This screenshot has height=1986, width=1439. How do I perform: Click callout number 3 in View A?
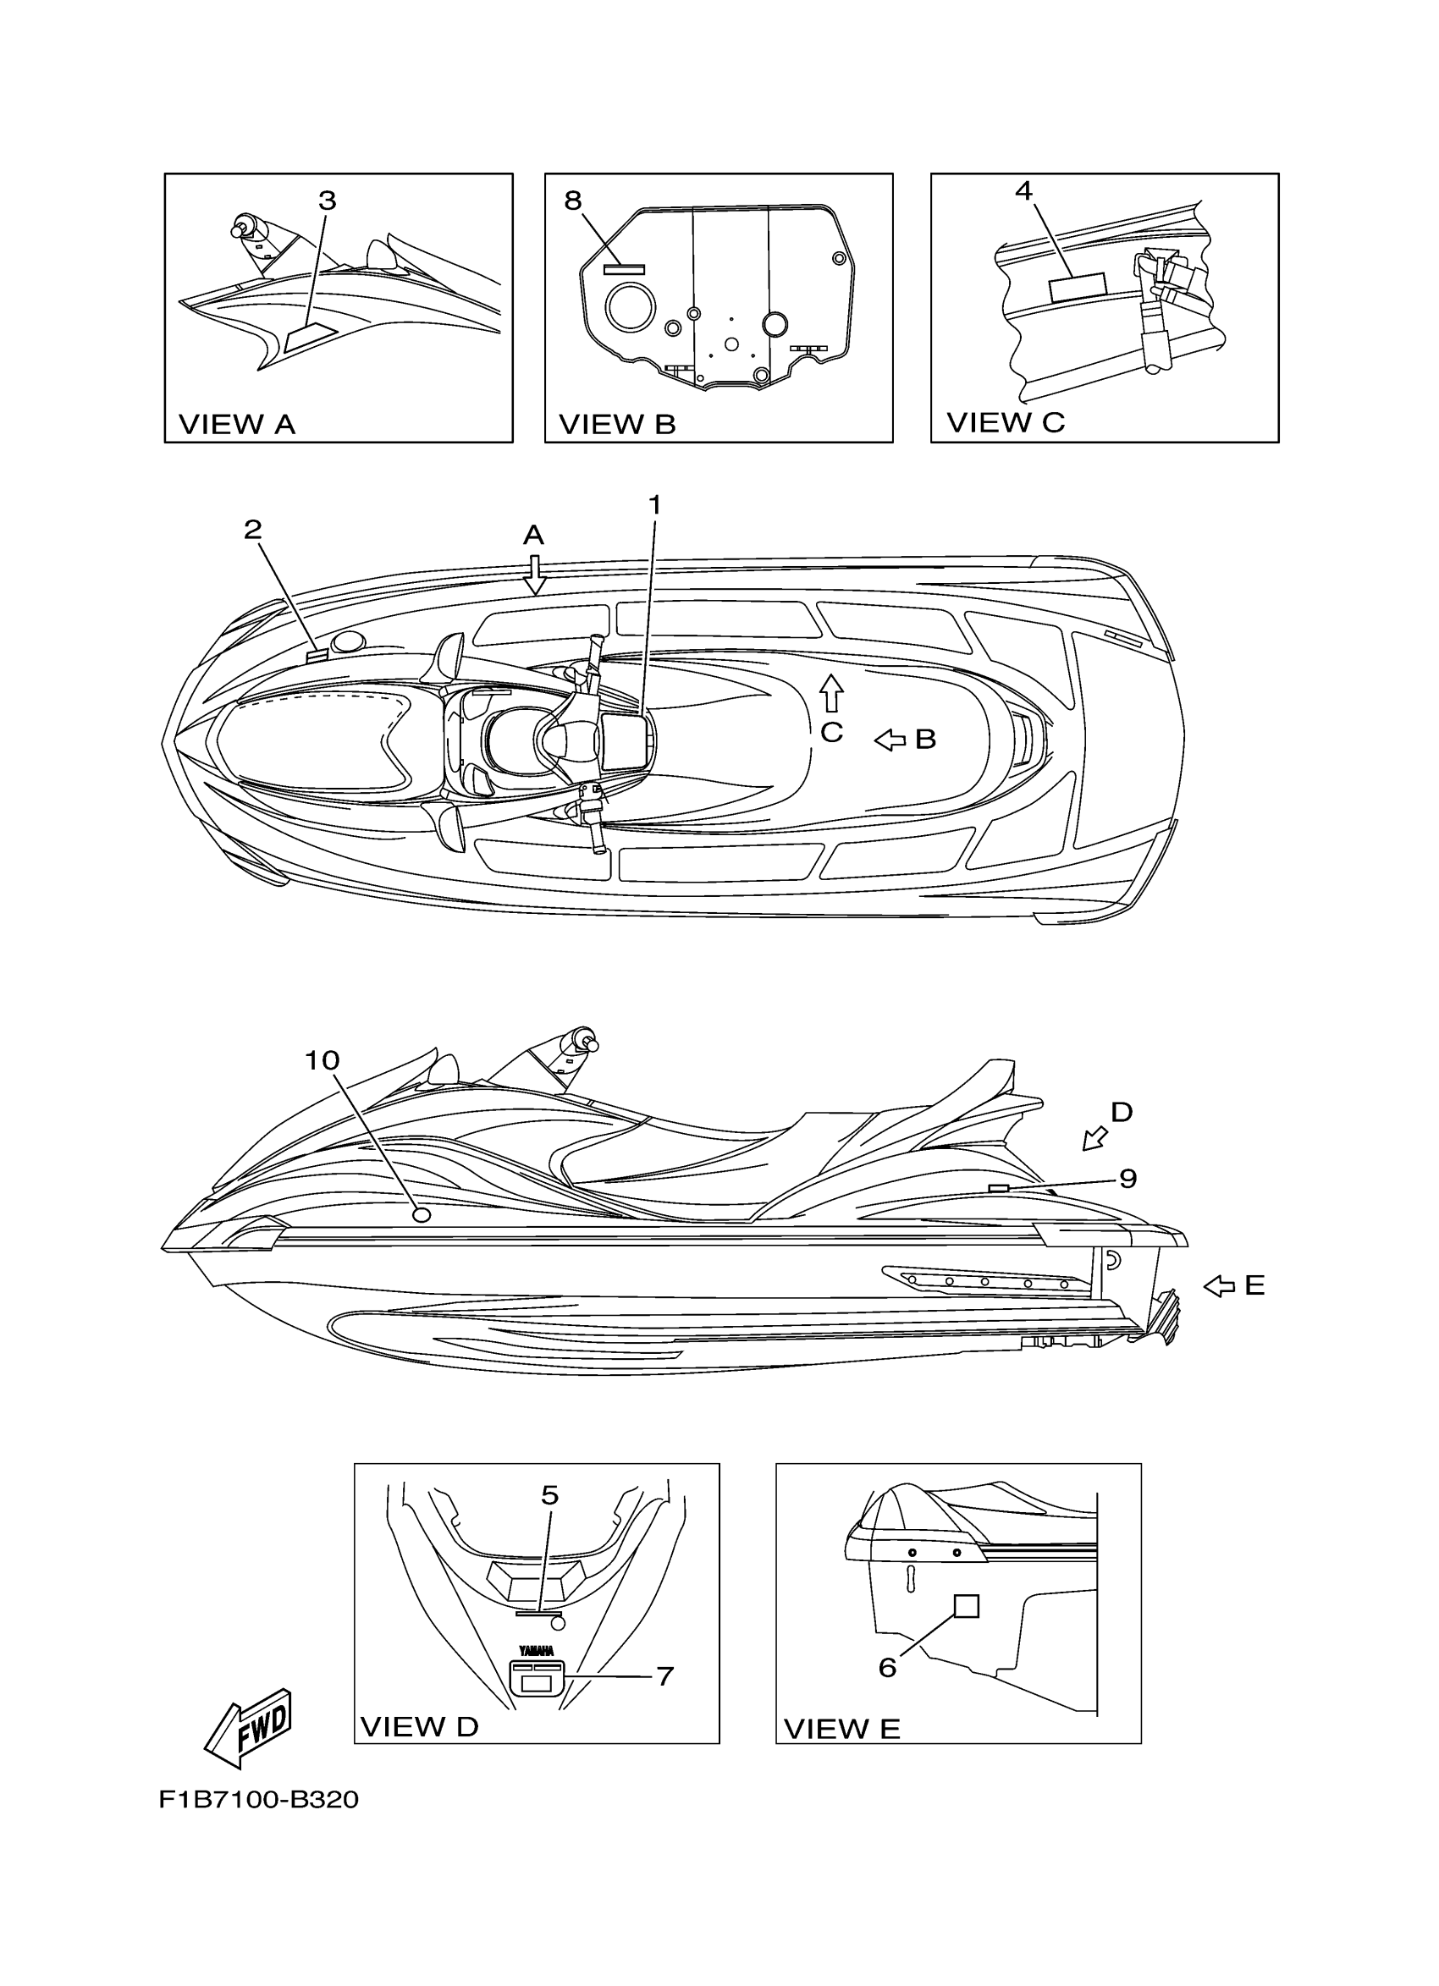pyautogui.click(x=327, y=201)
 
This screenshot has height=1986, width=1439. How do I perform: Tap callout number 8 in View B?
pyautogui.click(x=573, y=201)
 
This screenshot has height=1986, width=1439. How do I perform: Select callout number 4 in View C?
pyautogui.click(x=1023, y=190)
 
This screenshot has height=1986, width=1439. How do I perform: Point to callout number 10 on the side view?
pyautogui.click(x=323, y=1060)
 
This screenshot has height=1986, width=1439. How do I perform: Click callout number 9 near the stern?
pyautogui.click(x=1128, y=1179)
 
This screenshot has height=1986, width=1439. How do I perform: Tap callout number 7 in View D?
pyautogui.click(x=664, y=1676)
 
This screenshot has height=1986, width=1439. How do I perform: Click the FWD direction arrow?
pyautogui.click(x=248, y=1727)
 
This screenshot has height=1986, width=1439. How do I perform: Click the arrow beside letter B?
pyautogui.click(x=890, y=740)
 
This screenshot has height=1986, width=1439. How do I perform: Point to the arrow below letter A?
pyautogui.click(x=534, y=575)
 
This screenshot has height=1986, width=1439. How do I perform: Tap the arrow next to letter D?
pyautogui.click(x=1094, y=1138)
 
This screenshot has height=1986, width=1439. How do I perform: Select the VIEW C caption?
pyautogui.click(x=1006, y=422)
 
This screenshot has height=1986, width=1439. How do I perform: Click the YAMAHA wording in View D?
pyautogui.click(x=536, y=1651)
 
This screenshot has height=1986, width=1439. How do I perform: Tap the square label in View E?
pyautogui.click(x=965, y=1605)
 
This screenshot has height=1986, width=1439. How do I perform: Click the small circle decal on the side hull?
pyautogui.click(x=421, y=1214)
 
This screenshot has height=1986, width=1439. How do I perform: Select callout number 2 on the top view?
pyautogui.click(x=253, y=530)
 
